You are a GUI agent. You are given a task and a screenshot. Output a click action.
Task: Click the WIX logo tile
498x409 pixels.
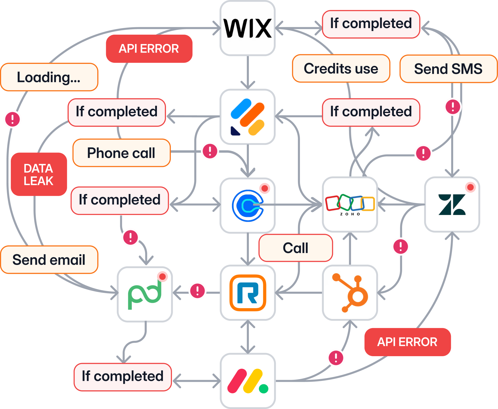247,28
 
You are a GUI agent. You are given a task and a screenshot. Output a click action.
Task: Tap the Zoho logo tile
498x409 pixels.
350,204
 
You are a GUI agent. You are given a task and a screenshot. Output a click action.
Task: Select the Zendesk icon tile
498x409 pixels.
452,204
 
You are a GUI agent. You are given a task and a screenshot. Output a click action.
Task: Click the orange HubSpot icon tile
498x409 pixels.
350,293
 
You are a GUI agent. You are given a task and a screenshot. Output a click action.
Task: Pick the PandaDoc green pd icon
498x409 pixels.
145,294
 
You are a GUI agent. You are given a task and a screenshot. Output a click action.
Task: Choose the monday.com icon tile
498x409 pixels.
247,381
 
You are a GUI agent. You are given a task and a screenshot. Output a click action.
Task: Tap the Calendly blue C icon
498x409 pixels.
247,205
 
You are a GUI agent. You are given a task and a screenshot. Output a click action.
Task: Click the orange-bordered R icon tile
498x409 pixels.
247,293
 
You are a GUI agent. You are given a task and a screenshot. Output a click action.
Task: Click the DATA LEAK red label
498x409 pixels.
39,174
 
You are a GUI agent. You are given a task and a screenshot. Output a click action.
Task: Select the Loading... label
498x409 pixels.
49,77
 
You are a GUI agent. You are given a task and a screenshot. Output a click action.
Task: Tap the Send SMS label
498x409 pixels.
448,69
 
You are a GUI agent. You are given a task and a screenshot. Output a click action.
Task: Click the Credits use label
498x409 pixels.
341,69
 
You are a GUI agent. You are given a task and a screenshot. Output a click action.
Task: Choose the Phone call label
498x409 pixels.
121,153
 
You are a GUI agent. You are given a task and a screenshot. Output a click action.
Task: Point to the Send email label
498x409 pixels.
49,260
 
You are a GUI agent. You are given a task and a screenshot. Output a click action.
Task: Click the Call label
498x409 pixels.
295,248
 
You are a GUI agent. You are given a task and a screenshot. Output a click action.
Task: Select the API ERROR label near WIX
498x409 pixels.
149,49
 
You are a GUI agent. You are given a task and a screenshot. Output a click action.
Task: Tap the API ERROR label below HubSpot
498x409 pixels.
407,342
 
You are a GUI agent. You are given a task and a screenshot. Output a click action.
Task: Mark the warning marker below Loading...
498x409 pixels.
12,119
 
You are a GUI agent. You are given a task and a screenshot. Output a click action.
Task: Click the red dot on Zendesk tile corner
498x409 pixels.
470,187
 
